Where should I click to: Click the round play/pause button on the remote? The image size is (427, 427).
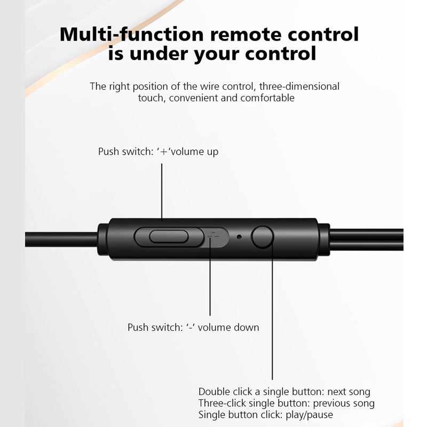coord(263,236)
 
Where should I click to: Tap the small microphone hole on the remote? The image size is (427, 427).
coord(239,237)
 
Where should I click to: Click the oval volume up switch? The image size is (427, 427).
coord(169,236)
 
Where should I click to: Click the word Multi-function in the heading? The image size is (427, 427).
coord(131,35)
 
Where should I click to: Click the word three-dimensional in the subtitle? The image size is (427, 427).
coord(299,86)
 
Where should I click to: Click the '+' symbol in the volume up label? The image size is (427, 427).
coord(164,152)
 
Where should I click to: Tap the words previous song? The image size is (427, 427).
coord(344,404)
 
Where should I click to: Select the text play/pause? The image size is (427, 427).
coord(309,415)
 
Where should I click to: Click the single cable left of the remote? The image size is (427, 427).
coord(61,239)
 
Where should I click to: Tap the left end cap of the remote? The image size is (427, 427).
coord(103,239)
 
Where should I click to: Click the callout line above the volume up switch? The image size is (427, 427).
coord(162,192)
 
